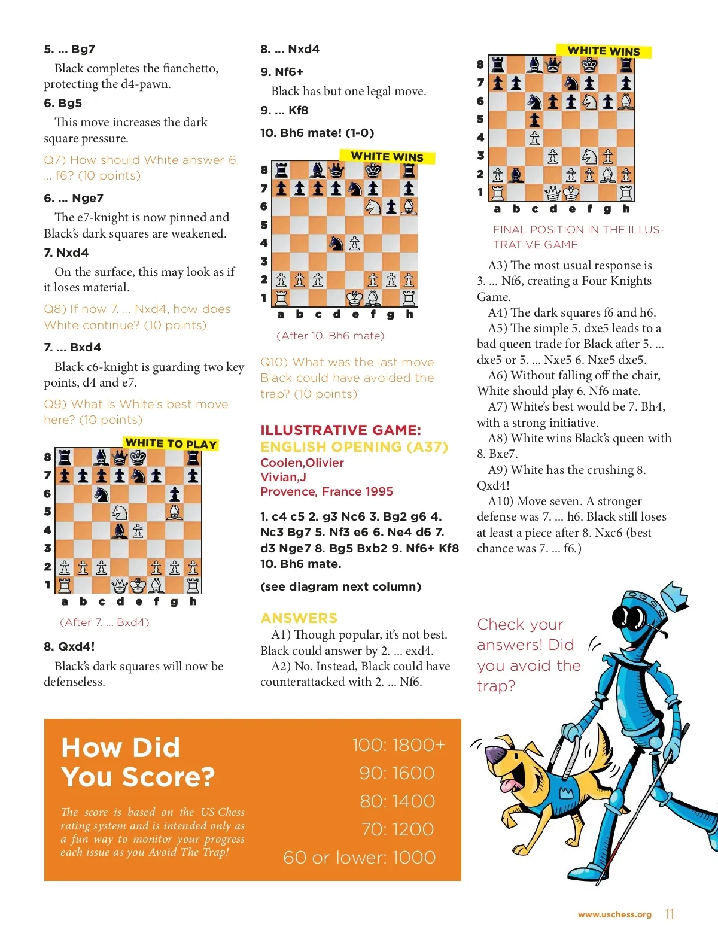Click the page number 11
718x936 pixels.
pos(669,914)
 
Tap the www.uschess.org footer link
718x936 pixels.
pos(614,914)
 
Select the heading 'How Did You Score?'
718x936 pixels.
pos(138,762)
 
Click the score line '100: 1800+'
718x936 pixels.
pos(398,744)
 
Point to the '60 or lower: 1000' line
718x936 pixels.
pos(359,857)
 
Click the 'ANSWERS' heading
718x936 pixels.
pos(299,618)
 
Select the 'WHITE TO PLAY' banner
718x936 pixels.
pos(171,443)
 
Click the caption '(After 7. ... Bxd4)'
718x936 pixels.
pos(105,622)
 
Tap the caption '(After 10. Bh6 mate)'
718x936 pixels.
pos(330,335)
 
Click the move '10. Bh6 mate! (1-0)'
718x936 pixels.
pos(317,133)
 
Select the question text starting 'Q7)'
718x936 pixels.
pos(141,168)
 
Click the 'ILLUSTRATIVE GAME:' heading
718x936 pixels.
pos(340,430)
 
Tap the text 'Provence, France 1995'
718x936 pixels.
pos(327,491)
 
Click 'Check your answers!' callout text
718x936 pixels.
pos(528,655)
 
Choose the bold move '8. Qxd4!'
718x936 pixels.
pos(69,646)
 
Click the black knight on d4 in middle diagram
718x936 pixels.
pos(337,243)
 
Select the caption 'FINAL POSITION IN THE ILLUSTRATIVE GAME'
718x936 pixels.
pos(578,237)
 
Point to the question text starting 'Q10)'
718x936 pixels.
pos(347,378)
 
